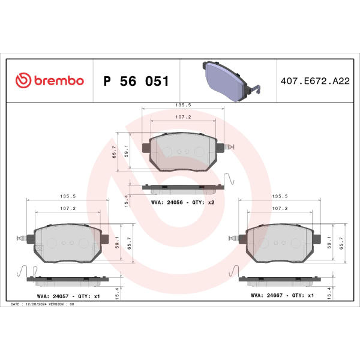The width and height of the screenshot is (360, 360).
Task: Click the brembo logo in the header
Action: (x=50, y=80)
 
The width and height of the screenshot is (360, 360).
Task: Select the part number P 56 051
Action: (x=136, y=81)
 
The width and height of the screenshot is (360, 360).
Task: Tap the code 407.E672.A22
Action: (x=315, y=81)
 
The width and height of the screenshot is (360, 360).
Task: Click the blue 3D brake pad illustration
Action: (x=231, y=81)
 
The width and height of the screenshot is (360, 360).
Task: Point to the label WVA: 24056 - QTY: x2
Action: (x=183, y=203)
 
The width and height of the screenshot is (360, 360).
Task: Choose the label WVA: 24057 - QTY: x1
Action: (x=68, y=296)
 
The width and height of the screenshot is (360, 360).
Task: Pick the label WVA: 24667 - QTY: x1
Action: (x=282, y=295)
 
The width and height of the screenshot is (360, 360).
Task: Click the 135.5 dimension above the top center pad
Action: (x=183, y=105)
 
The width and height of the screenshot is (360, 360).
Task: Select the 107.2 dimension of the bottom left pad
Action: (x=68, y=208)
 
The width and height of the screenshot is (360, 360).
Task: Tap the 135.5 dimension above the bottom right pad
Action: (x=280, y=196)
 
